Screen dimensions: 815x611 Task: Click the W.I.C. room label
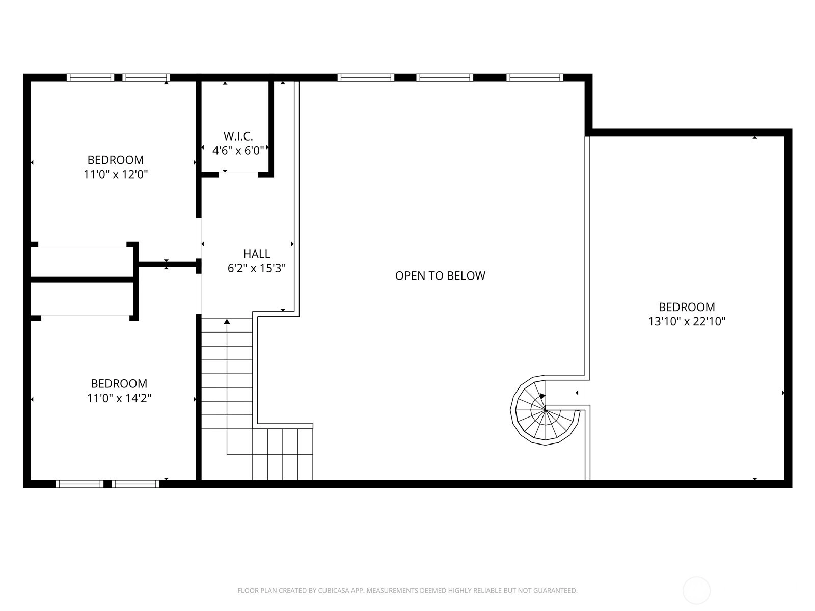tap(238, 136)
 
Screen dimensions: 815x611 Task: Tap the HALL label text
tap(257, 254)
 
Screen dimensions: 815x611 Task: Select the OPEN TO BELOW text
tap(440, 275)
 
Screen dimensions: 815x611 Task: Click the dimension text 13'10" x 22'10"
tap(687, 321)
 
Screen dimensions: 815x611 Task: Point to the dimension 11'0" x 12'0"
tap(116, 174)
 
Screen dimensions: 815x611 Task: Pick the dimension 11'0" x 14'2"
tap(119, 398)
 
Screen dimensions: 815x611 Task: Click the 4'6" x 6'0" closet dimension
tap(238, 150)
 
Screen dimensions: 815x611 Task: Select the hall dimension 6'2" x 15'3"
tap(257, 268)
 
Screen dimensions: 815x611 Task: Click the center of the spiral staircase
tap(545, 410)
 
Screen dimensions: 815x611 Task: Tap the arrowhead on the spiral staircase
tap(542, 396)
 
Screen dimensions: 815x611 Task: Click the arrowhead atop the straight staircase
tap(227, 321)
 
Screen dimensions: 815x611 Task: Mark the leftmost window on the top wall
tap(91, 77)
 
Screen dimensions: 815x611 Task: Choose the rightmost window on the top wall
tap(535, 77)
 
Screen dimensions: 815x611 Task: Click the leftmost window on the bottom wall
tap(80, 484)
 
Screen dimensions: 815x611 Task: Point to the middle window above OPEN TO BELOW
tap(445, 77)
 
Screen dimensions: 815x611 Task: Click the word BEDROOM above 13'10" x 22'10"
tap(687, 307)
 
